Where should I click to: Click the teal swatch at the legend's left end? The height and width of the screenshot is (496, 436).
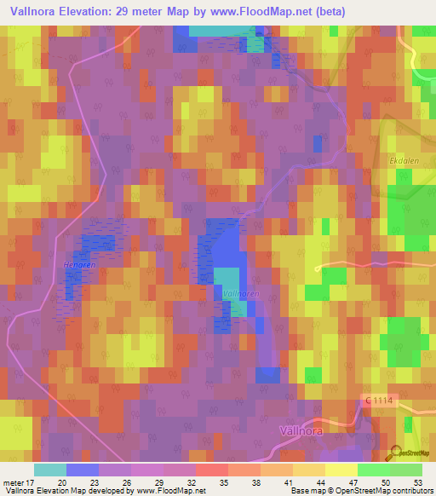coord(50,470)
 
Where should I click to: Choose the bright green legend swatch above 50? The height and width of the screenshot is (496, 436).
coord(373,470)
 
